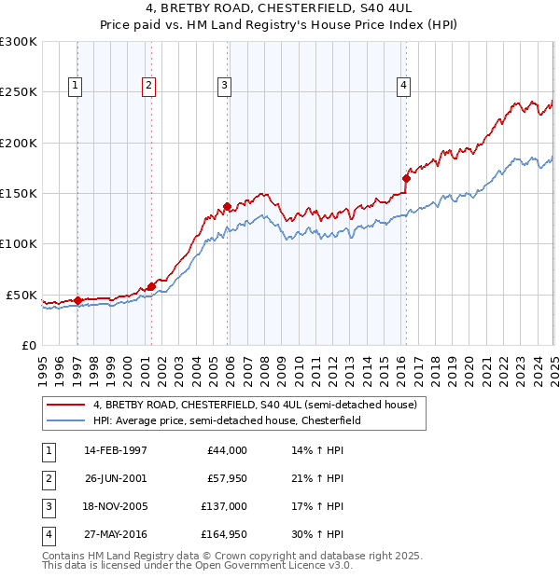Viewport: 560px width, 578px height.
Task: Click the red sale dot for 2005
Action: tap(227, 206)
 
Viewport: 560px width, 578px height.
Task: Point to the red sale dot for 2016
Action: tap(406, 177)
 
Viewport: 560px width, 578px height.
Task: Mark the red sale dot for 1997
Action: tap(77, 300)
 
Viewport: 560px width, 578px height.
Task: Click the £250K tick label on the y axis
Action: tap(19, 92)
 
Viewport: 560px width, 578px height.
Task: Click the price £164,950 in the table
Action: tap(224, 534)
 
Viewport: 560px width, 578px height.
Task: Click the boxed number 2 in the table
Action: tap(48, 478)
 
